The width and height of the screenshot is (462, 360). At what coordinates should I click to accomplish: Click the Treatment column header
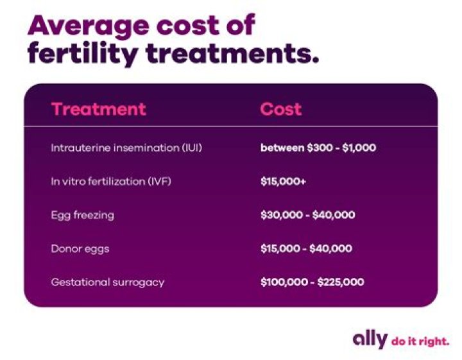click(x=98, y=108)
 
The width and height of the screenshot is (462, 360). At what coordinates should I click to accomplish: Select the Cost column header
click(x=280, y=108)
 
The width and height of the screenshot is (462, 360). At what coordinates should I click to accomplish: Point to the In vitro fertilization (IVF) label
click(x=111, y=182)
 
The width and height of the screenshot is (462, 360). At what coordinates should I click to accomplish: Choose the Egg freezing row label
click(x=82, y=215)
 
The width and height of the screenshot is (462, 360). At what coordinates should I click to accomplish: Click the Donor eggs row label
click(x=80, y=248)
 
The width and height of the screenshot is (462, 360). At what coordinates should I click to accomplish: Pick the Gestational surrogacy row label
click(x=107, y=282)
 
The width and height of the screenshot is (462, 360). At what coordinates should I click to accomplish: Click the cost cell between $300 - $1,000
click(x=318, y=148)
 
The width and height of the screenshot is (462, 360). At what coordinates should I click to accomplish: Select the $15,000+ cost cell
click(x=283, y=182)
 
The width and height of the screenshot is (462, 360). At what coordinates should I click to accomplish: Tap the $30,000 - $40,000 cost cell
click(x=307, y=215)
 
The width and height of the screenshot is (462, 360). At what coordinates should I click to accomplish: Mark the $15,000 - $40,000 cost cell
click(x=307, y=248)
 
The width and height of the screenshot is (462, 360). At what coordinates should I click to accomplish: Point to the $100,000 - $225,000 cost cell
click(x=312, y=282)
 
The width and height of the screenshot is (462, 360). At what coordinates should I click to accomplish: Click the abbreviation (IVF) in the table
click(x=160, y=182)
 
